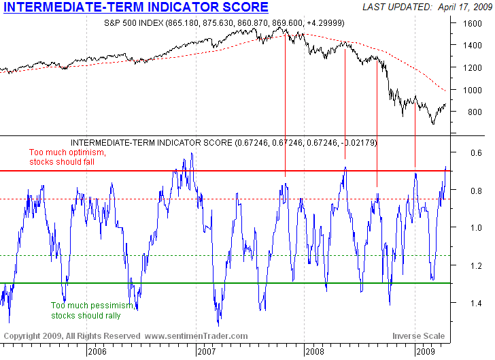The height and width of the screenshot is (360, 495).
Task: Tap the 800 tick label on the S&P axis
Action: [x=468, y=112]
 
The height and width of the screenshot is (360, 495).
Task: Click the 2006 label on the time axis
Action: [x=97, y=352]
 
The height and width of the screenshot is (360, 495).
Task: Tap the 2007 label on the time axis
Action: [x=206, y=352]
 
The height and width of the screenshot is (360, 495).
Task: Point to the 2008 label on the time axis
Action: [x=315, y=352]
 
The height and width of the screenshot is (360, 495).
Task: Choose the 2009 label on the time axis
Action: [x=425, y=352]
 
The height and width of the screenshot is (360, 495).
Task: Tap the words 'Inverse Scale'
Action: [x=418, y=336]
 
